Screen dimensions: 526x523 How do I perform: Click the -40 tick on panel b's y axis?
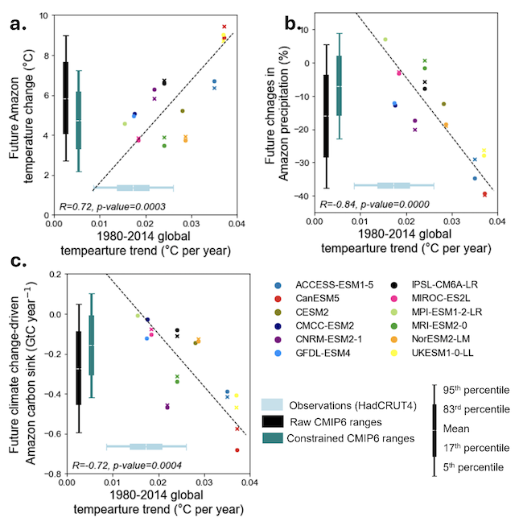point(303,196)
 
